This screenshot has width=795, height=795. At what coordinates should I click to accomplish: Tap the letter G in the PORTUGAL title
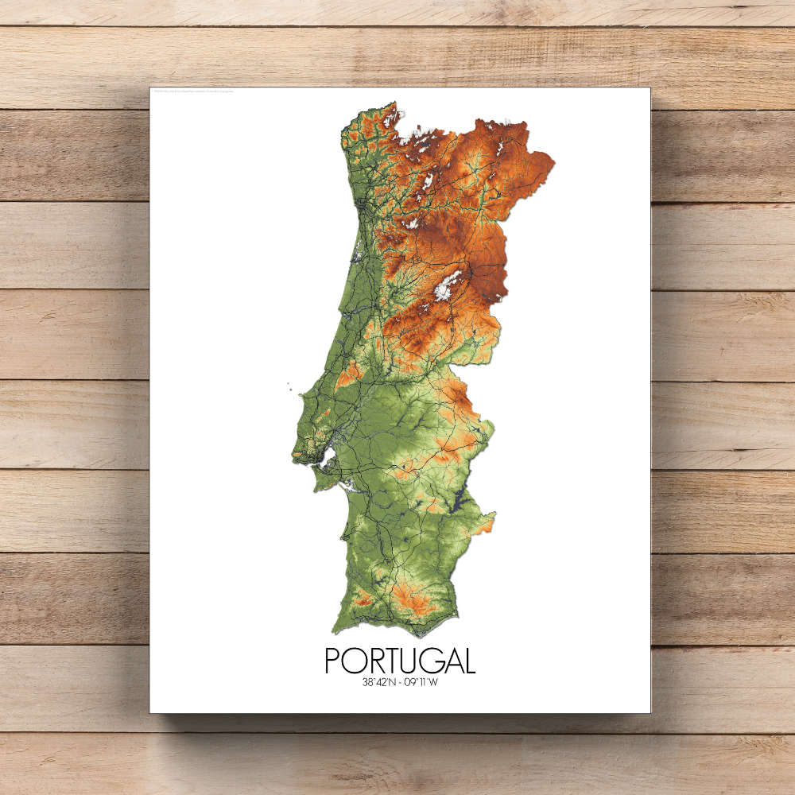coord(425,661)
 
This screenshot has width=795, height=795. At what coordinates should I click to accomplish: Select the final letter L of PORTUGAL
coord(469,661)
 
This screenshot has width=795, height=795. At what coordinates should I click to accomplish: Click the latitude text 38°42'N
coord(380,681)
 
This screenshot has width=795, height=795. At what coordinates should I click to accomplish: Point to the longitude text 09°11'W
coord(419,681)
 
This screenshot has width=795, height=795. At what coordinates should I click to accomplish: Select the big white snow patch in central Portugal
coord(446,285)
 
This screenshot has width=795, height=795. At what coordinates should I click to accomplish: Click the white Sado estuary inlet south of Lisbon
coord(344,487)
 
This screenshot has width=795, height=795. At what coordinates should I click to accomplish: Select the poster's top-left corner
coord(150,88)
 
